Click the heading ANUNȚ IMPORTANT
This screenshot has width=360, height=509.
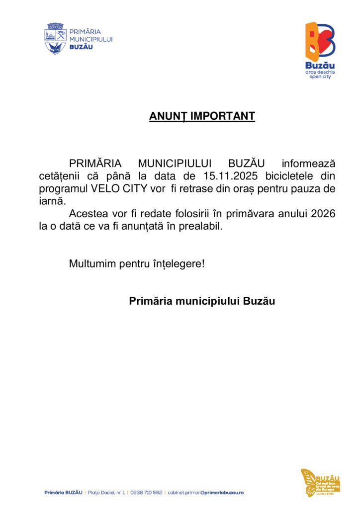point(202,116)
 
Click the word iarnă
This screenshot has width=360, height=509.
point(52,201)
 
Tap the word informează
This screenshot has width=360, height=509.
point(308,164)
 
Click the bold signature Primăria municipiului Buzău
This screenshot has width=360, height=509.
point(202,301)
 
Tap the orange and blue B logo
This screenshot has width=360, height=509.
point(320,41)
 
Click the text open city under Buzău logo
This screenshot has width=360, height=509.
point(320,78)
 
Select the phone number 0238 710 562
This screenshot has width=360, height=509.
point(146,493)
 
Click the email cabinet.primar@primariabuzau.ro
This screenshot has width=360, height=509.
point(205,493)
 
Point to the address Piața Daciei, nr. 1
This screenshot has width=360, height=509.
point(106,493)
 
